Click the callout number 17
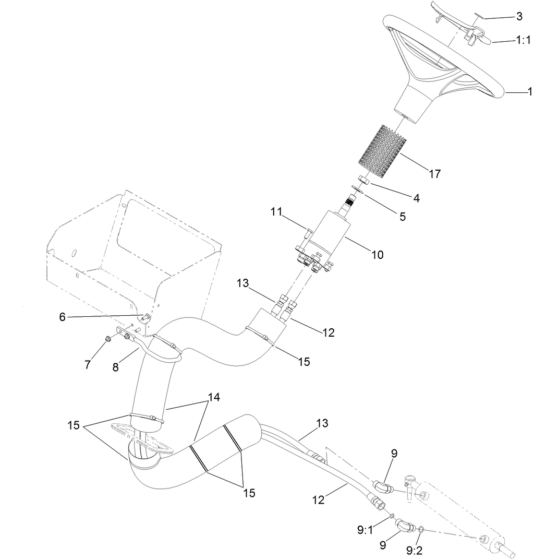click(434, 174)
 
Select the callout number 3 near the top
click(519, 17)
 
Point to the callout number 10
click(377, 255)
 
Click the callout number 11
click(276, 212)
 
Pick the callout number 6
click(63, 317)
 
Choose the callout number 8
click(116, 367)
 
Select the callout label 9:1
click(365, 530)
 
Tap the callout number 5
click(403, 216)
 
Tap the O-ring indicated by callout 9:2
click(420, 530)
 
